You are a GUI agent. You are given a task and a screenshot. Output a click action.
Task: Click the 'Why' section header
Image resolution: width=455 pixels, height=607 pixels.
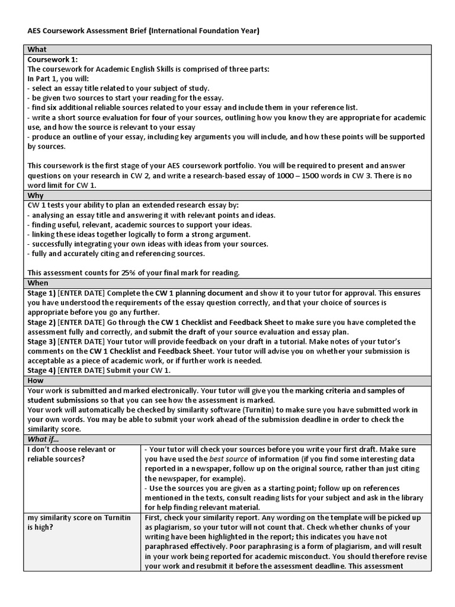(36, 196)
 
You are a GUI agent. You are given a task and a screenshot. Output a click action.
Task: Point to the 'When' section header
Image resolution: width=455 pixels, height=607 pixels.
(38, 283)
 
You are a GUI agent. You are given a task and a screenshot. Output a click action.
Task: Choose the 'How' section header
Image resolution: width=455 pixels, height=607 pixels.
(36, 380)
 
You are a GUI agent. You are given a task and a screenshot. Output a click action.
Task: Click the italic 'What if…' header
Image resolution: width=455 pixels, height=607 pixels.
(44, 439)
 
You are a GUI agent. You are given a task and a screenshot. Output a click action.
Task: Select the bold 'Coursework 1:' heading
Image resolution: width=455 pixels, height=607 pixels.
(52, 59)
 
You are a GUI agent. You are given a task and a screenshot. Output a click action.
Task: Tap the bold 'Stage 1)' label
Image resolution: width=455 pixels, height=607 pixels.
(41, 293)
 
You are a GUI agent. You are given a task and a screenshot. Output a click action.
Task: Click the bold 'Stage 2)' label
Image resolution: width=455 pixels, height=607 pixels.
(41, 322)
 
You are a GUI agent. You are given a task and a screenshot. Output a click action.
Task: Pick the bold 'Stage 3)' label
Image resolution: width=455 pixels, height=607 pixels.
(41, 341)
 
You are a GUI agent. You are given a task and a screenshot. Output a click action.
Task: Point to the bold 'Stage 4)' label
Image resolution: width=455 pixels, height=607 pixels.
(41, 370)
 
